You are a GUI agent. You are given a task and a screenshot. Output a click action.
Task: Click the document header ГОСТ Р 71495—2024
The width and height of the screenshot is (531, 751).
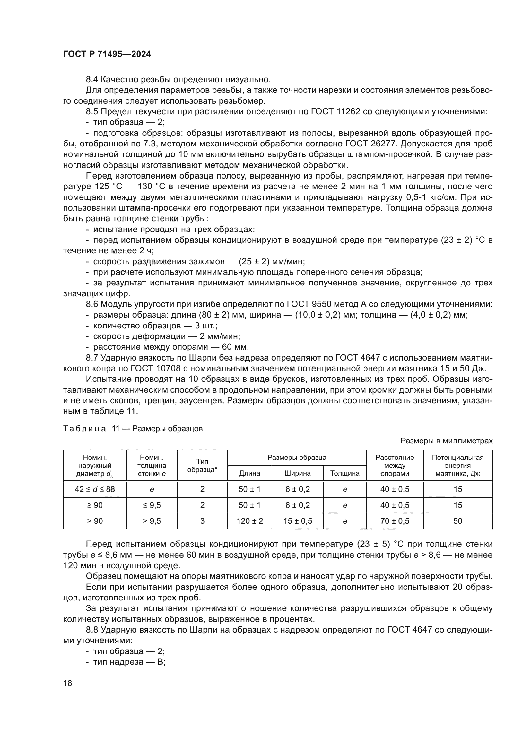point(107,54)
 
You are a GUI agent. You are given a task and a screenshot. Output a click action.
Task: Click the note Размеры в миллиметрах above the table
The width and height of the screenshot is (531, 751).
point(446,441)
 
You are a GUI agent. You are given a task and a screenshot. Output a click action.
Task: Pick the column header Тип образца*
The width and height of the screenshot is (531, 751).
point(202,465)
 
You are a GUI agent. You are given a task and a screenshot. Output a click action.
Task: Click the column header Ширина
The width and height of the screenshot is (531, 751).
point(297,473)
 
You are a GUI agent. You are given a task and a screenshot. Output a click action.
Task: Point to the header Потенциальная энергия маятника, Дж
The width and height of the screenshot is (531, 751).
point(457,465)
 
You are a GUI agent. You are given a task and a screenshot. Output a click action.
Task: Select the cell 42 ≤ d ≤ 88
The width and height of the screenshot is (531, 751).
point(95,489)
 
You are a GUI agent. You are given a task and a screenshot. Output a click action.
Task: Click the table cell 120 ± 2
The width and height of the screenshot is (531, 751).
point(249,521)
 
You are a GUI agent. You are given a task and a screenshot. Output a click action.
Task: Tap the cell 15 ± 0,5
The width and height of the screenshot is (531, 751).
point(297,521)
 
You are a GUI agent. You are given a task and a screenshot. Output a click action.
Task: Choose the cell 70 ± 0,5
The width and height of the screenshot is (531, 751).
point(395,521)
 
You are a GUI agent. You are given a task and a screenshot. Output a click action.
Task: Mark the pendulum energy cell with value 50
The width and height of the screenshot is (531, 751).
point(457,521)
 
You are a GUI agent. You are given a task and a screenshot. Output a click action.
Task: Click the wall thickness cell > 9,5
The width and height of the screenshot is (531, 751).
point(152,521)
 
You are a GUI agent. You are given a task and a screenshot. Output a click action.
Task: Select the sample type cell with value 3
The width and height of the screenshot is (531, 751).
point(202,521)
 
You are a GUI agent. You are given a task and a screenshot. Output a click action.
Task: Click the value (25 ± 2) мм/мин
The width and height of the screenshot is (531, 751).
point(272,261)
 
